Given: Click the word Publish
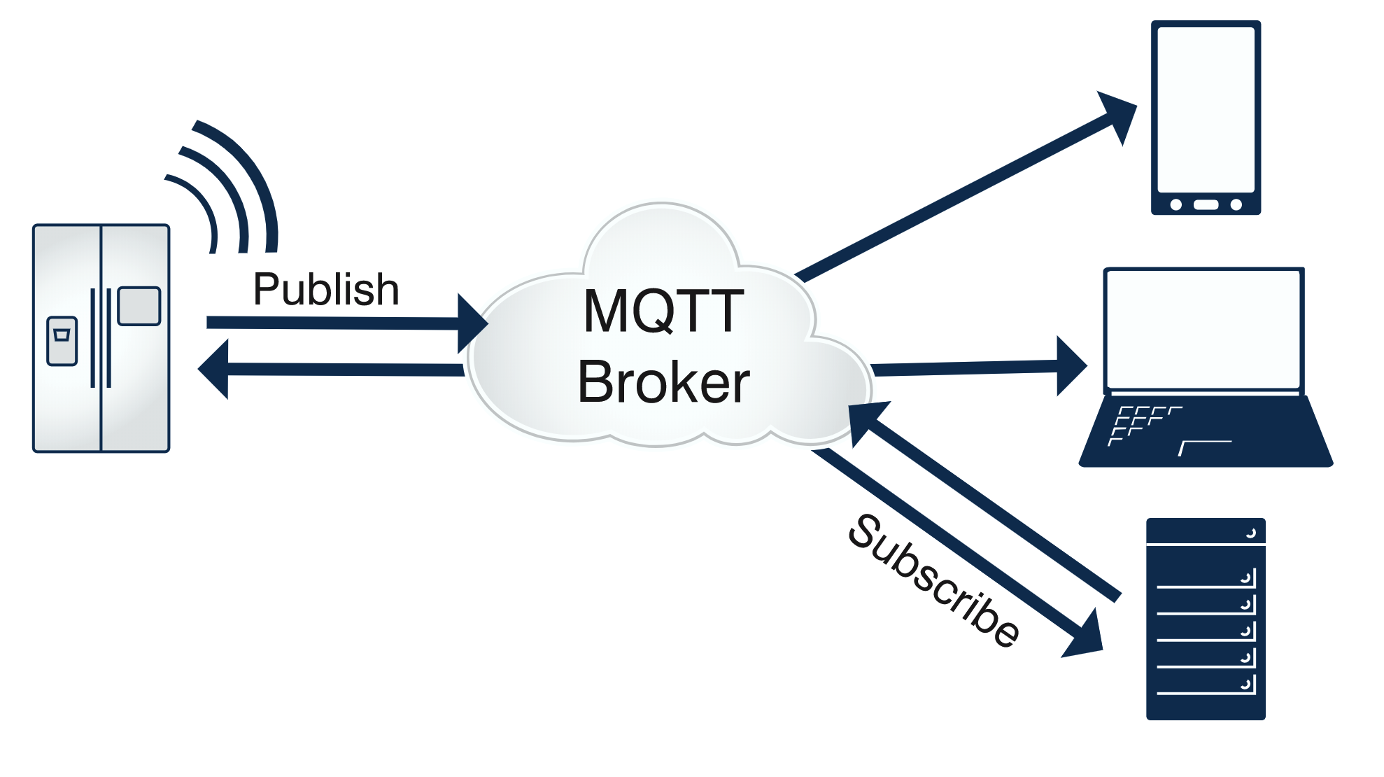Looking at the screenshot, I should pyautogui.click(x=326, y=289).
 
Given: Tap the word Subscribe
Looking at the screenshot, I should pyautogui.click(x=933, y=580).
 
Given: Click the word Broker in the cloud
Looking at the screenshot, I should pyautogui.click(x=663, y=382).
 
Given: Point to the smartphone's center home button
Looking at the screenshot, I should pyautogui.click(x=1206, y=204).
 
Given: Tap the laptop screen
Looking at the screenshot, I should pyautogui.click(x=1202, y=330).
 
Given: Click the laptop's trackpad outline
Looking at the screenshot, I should pyautogui.click(x=1205, y=447).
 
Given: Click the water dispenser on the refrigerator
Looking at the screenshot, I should pyautogui.click(x=62, y=341).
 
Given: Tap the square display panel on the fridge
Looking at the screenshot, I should pyautogui.click(x=139, y=306).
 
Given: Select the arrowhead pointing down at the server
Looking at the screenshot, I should pyautogui.click(x=1086, y=636).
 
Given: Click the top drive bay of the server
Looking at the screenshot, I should pyautogui.click(x=1205, y=531).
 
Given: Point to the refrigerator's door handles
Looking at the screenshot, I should pyautogui.click(x=101, y=337).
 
